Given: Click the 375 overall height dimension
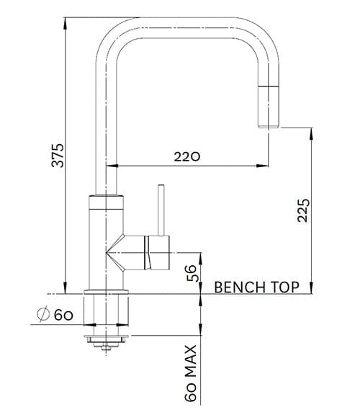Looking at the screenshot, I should click(59, 155).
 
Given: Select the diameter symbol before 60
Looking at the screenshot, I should click(42, 314).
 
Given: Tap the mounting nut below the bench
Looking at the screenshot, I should click(107, 337).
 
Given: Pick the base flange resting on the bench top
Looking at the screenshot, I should click(107, 291).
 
